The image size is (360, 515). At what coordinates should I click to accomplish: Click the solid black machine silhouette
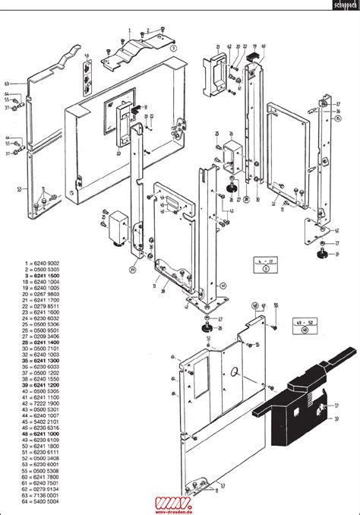coord(296,403)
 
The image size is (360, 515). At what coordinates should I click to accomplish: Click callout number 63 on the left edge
coord(6,83)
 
